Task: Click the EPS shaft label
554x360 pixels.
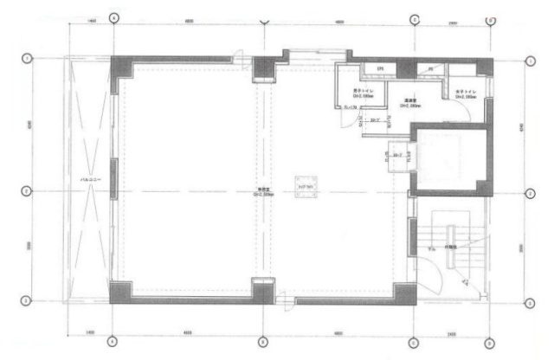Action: point(378,69)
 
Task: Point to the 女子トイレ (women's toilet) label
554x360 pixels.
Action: point(466,94)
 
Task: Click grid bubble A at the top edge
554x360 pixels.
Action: point(113,17)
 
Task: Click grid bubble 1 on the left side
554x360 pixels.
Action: point(27,59)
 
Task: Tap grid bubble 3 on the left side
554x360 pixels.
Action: point(27,300)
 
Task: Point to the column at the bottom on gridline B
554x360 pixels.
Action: point(262,290)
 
